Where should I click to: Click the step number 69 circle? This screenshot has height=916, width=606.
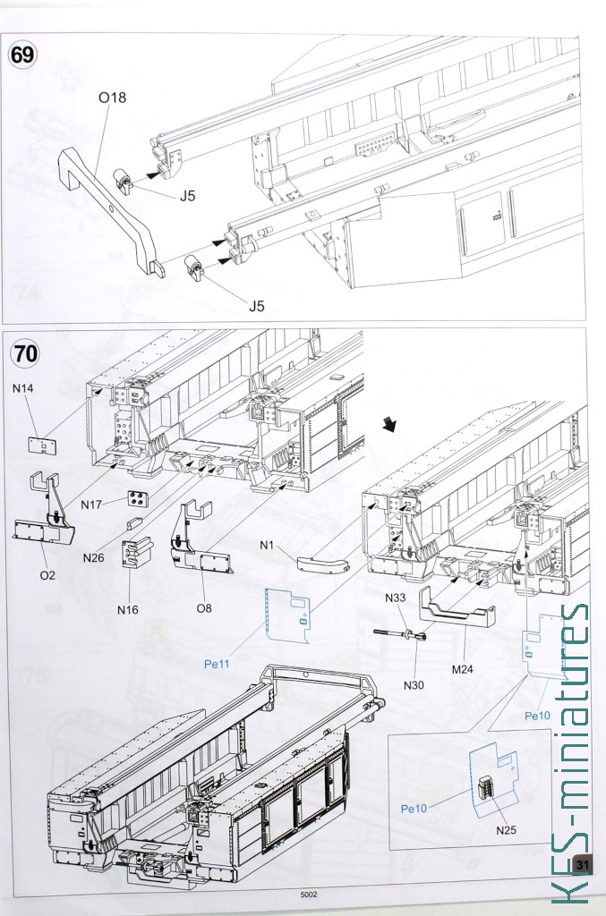tap(22, 55)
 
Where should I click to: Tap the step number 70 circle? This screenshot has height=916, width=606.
tap(25, 353)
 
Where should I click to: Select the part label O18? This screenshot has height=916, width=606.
tap(112, 98)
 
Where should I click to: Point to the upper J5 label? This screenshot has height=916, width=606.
tap(187, 196)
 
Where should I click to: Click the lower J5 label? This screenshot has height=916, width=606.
tap(257, 306)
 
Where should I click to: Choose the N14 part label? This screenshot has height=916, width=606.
tap(22, 388)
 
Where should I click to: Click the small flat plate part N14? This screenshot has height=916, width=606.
tap(43, 445)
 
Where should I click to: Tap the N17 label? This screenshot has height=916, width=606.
tap(91, 505)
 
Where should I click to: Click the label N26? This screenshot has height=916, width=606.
tap(93, 558)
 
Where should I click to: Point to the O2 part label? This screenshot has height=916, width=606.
tap(47, 575)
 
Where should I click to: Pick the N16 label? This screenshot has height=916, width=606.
tap(127, 610)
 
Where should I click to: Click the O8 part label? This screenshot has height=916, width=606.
tap(203, 608)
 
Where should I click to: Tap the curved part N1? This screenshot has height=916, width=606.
tap(323, 564)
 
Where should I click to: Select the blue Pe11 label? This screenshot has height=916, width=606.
tap(217, 665)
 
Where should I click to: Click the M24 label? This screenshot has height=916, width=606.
tap(462, 669)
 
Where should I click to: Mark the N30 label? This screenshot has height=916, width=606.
tap(414, 684)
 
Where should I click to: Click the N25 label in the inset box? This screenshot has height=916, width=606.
tap(506, 830)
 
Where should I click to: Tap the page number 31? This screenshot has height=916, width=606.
tap(582, 865)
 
